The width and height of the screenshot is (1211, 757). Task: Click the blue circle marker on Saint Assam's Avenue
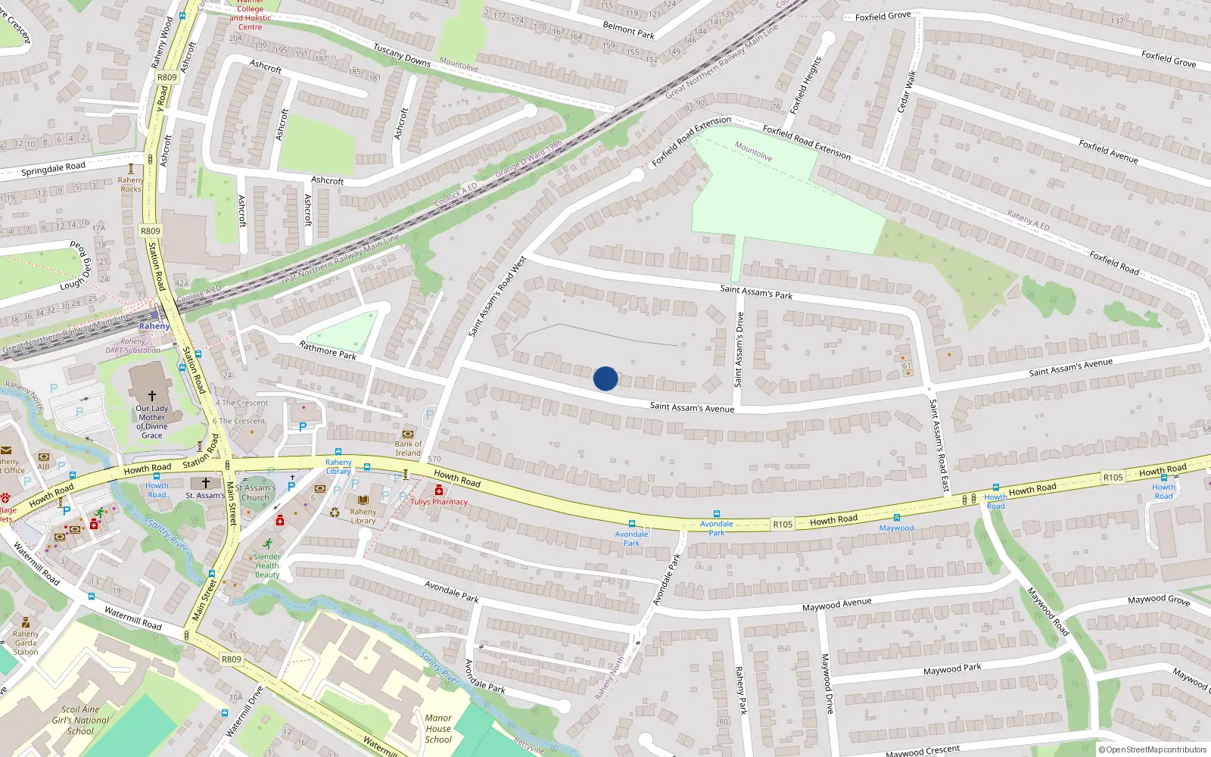pos(605,378)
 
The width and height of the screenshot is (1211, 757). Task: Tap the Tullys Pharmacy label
pos(439,502)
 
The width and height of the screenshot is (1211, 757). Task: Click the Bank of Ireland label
pos(408,448)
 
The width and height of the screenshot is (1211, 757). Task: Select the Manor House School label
pos(438,729)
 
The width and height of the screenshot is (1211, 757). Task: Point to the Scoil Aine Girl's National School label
pos(80,720)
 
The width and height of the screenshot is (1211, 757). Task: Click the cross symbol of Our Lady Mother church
pos(151,396)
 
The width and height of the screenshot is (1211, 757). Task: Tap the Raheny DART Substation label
pos(132,346)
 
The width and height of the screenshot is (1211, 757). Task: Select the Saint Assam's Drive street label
pos(739,350)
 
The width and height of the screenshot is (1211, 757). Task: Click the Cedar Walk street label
pos(906,92)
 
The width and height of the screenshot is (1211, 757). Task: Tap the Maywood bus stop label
pos(896,528)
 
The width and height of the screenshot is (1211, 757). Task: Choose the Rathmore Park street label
pos(327,350)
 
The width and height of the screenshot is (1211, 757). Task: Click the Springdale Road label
pos(53,168)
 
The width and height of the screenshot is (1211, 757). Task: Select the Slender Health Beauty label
pos(267,565)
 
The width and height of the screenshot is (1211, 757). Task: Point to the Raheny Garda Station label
pos(25,643)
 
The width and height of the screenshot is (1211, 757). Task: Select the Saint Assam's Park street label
pos(756,291)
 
